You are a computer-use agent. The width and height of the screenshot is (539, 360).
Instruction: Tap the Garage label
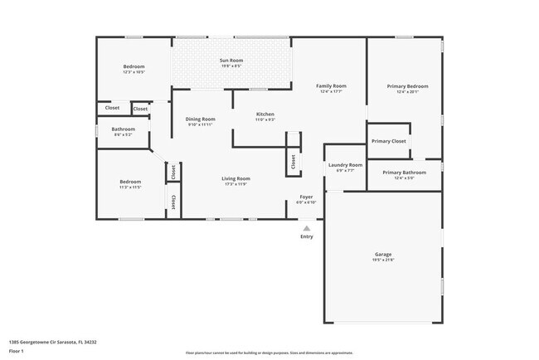pyautogui.click(x=382, y=254)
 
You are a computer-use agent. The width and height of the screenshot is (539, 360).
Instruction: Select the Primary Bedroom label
pyautogui.click(x=407, y=86)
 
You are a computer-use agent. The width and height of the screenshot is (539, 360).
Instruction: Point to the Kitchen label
pyautogui.click(x=265, y=114)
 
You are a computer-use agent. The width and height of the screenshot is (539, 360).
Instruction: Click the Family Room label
pyautogui.click(x=330, y=86)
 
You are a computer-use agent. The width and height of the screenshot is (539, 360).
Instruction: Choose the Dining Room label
pyautogui.click(x=200, y=119)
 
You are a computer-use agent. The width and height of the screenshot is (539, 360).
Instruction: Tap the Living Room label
pyautogui.click(x=236, y=178)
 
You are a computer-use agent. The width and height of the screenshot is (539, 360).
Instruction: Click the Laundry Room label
pyautogui.click(x=345, y=165)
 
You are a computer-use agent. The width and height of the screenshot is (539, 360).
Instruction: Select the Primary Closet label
pyautogui.click(x=388, y=141)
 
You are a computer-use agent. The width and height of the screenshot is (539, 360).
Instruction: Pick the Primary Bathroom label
pyautogui.click(x=404, y=172)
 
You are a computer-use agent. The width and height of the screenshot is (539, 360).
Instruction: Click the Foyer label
pyautogui.click(x=306, y=197)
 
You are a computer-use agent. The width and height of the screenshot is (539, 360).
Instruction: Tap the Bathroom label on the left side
pyautogui.click(x=124, y=129)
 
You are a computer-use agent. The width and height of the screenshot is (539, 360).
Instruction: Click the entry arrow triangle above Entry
pyautogui.click(x=307, y=227)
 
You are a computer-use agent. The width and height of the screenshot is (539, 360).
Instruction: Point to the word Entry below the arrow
pyautogui.click(x=307, y=236)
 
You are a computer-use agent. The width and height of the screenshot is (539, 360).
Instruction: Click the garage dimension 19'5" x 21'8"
pyautogui.click(x=382, y=260)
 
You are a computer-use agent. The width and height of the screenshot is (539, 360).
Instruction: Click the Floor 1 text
pyautogui.click(x=17, y=349)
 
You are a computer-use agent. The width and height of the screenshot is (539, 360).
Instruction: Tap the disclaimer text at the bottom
pyautogui.click(x=269, y=352)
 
